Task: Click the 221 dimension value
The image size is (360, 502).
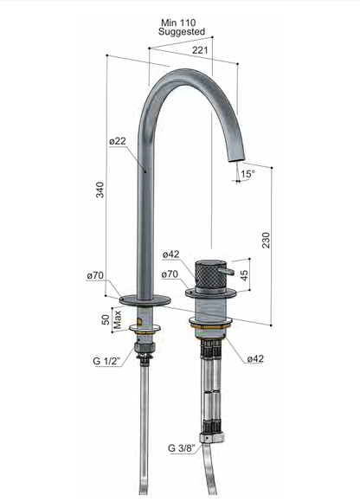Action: (200, 50)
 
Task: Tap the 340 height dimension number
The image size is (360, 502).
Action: (100, 190)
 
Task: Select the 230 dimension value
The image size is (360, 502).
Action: (266, 240)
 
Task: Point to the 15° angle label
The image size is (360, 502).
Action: (248, 174)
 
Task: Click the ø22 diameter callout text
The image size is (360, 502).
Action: (118, 141)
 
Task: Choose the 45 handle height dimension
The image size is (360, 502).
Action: (244, 275)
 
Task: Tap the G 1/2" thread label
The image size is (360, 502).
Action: (106, 361)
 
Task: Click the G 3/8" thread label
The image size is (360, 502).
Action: (182, 447)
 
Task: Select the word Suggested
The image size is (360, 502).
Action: (182, 32)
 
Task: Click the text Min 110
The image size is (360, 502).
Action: (178, 23)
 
